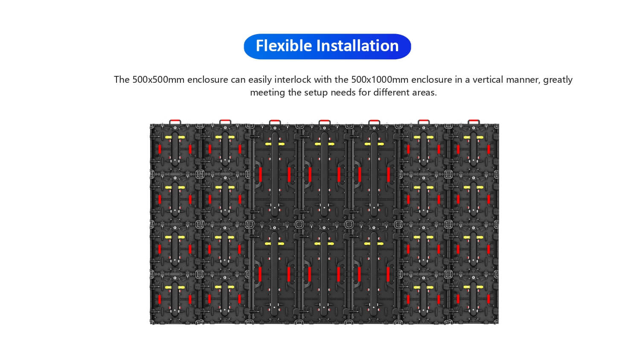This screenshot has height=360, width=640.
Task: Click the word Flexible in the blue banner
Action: pos(284,46)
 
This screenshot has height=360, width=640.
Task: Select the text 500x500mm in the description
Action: pos(158,79)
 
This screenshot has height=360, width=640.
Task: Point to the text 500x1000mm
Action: pos(380,79)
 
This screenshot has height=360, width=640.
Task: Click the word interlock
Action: pos(293,79)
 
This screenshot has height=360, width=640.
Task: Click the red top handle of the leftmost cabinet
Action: pos(175,122)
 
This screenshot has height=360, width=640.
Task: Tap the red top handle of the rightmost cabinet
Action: pos(474,122)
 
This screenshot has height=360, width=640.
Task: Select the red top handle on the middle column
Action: pos(324,122)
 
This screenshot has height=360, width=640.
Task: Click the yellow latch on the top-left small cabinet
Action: pos(175,137)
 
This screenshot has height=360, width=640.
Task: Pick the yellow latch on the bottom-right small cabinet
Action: pos(474,287)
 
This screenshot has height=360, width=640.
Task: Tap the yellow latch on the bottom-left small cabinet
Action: pos(175,287)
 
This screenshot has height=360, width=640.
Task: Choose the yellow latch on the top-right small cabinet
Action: pos(474,137)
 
